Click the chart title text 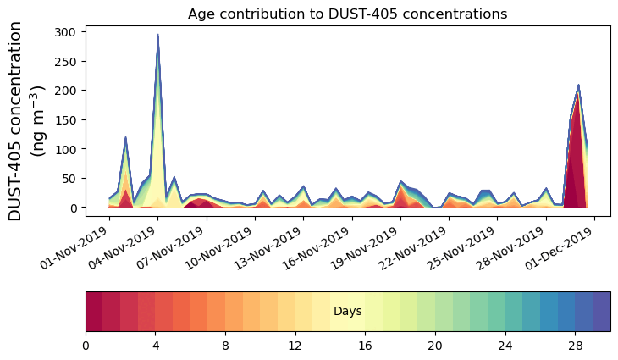(x=347, y=14)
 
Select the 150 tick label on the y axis (x=69, y=119)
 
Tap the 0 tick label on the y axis (x=74, y=208)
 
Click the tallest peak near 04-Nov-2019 (x=158, y=35)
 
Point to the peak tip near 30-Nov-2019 (x=578, y=85)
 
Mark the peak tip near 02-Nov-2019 (x=125, y=136)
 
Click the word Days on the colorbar (x=347, y=312)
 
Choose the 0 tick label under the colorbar (x=86, y=346)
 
